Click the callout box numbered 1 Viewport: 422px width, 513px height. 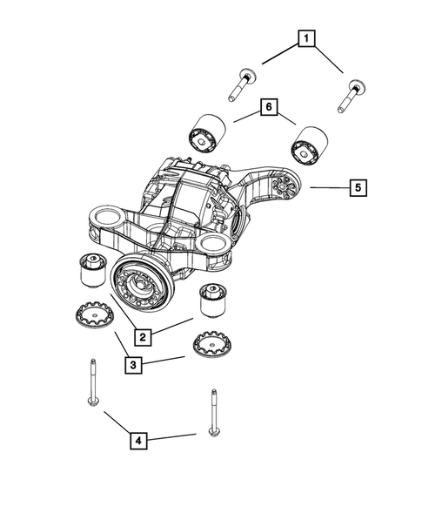pos(305,38)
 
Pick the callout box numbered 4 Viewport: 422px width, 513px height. pos(139,442)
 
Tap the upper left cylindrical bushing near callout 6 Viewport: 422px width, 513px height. pos(208,131)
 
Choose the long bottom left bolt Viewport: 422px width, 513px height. pos(90,383)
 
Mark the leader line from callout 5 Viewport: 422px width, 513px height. pos(325,186)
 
